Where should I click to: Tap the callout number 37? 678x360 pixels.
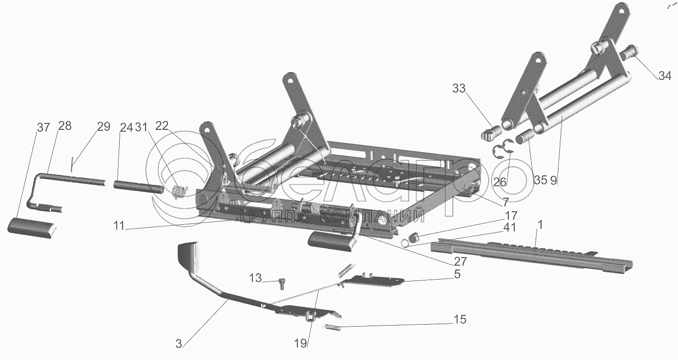point(43,127)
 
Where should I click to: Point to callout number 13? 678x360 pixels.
point(255,278)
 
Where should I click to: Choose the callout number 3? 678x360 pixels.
point(179,344)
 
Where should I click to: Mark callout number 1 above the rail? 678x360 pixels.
point(539,225)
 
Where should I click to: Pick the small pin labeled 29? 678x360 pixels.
point(72,164)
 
